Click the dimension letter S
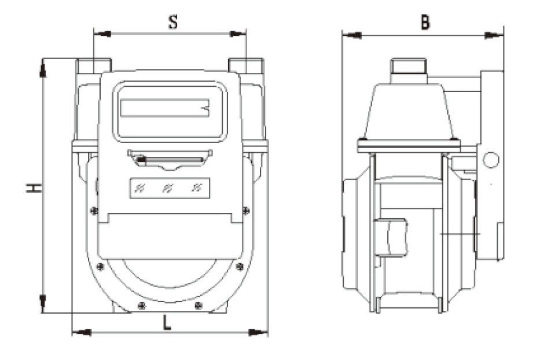tap(172, 22)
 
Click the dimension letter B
tap(425, 22)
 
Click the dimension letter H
tap(35, 188)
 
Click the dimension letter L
tap(167, 323)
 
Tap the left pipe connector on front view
tap(94, 65)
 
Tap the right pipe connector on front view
tap(245, 65)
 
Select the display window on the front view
tap(170, 111)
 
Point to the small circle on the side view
tap(491, 159)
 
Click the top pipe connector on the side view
tap(409, 70)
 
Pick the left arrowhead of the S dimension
tap(101, 34)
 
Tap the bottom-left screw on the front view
tap(139, 306)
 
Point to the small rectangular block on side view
tap(392, 237)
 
